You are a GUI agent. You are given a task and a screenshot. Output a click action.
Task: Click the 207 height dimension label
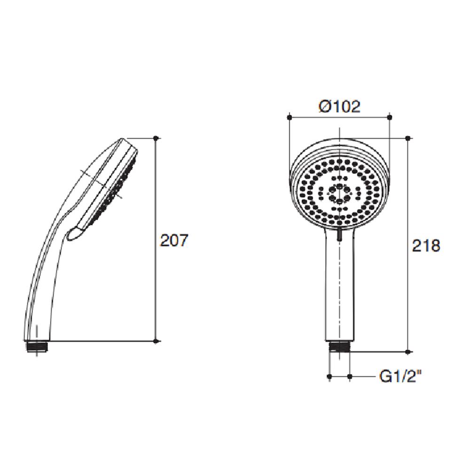174,241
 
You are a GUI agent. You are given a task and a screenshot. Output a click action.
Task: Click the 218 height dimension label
426,245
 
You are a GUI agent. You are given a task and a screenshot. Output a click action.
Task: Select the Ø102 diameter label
339,107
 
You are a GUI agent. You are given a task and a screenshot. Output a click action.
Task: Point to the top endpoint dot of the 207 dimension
157,138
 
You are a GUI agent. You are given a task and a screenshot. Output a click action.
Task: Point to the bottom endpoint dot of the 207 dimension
157,341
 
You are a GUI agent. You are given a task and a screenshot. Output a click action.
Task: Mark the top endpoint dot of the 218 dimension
407,138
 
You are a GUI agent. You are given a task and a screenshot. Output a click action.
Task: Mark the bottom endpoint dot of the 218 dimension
407,351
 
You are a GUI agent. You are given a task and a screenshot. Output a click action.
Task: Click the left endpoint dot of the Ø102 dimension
289,117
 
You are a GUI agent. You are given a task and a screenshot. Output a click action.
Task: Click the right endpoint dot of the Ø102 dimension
390,117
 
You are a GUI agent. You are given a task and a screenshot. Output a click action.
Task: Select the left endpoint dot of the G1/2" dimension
330,376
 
